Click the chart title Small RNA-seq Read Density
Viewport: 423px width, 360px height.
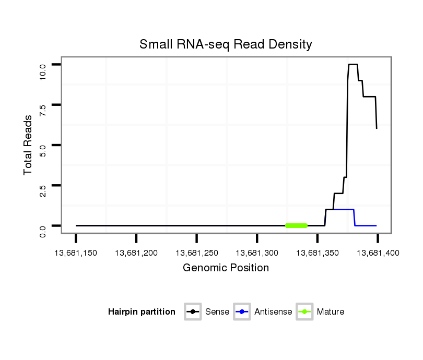(226, 44)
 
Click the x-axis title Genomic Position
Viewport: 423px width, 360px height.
(226, 268)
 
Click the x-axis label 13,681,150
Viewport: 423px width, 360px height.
(76, 253)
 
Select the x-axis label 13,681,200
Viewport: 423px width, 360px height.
(136, 253)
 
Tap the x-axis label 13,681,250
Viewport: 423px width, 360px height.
(196, 253)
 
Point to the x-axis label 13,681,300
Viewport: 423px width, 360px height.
(257, 253)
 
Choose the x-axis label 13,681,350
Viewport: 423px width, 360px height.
(317, 253)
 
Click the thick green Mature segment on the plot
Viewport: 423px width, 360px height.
(297, 225)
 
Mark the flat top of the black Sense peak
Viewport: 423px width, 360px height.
(352, 64)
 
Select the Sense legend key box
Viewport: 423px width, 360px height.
(193, 312)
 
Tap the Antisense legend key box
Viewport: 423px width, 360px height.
(242, 312)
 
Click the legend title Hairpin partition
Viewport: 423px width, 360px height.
(142, 312)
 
